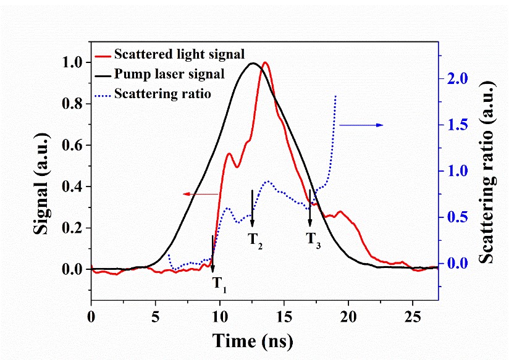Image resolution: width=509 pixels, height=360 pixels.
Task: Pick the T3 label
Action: click(x=314, y=238)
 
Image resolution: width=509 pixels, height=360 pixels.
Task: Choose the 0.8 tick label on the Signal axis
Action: click(x=72, y=104)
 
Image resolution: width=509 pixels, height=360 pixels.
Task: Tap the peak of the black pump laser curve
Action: click(x=252, y=63)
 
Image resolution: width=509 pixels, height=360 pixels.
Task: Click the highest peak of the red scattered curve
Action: click(x=266, y=62)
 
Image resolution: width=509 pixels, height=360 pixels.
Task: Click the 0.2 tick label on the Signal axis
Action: click(x=72, y=228)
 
